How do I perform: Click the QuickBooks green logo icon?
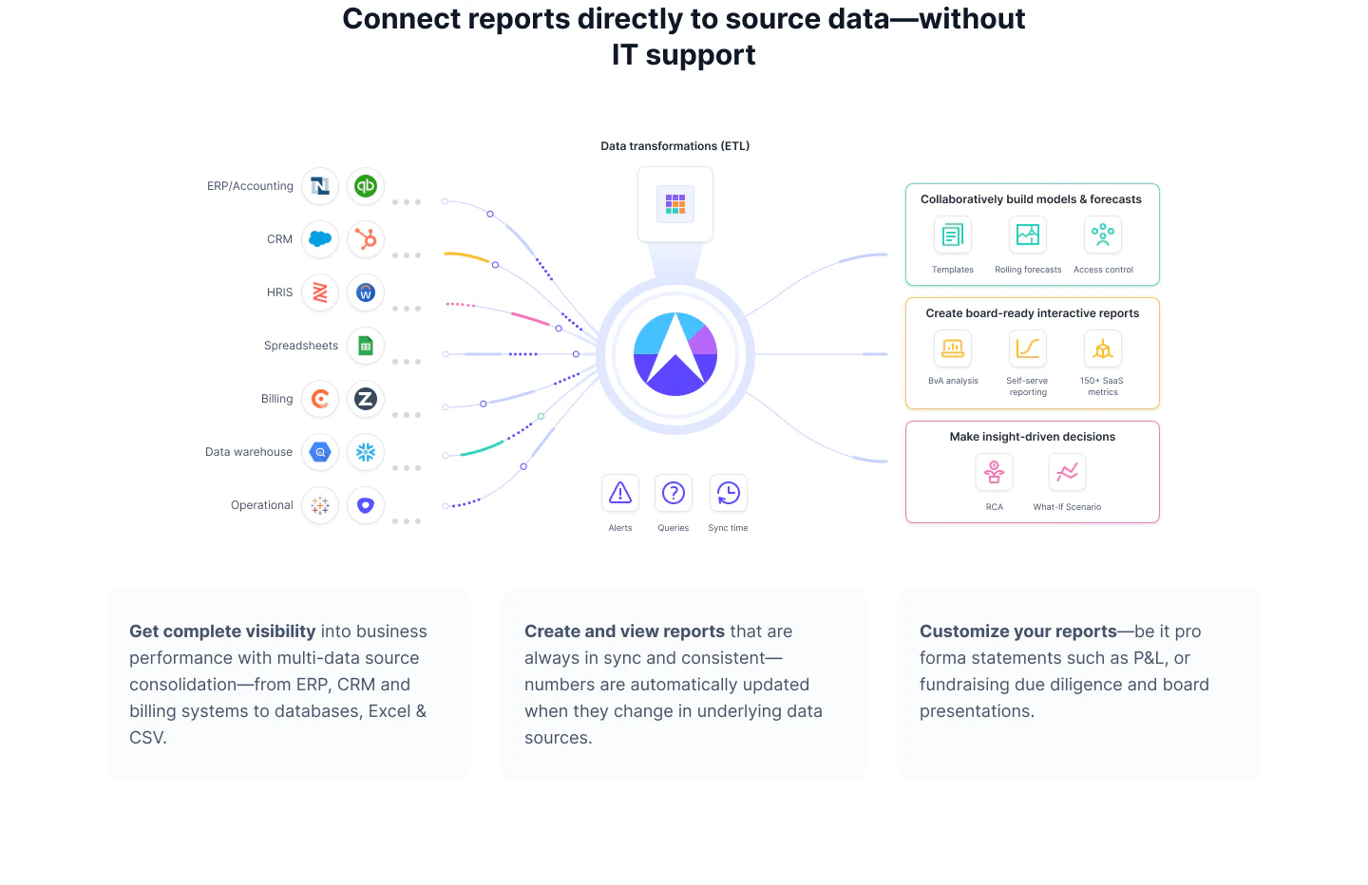tap(366, 186)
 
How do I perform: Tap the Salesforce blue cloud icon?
tap(320, 239)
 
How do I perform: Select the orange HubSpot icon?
tap(366, 239)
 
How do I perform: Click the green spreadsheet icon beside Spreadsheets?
tap(366, 346)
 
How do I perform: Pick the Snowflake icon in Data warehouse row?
tap(366, 452)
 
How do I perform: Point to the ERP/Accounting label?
tap(250, 186)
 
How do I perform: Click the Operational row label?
tap(261, 505)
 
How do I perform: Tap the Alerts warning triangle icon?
tap(620, 493)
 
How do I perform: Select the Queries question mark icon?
tap(674, 493)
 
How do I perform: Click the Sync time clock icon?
tap(728, 493)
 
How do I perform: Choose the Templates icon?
tap(953, 235)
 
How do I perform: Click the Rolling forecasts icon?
tap(1028, 235)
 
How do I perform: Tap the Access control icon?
tap(1103, 235)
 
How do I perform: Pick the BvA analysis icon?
tap(953, 348)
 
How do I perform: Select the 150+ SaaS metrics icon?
tap(1103, 348)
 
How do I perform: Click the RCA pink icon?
tap(994, 472)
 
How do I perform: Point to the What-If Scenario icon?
tap(1067, 472)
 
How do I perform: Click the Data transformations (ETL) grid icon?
tap(675, 204)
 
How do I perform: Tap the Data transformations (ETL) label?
tap(674, 146)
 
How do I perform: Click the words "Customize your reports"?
tap(1017, 631)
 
